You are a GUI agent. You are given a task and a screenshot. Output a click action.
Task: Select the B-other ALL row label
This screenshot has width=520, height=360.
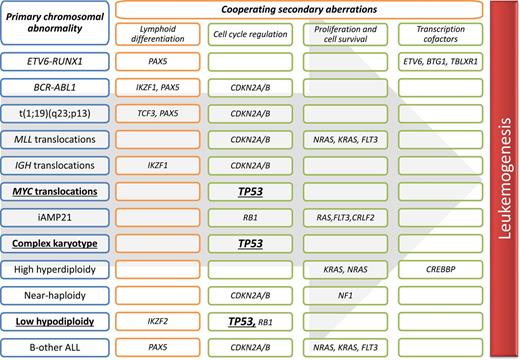click(x=55, y=347)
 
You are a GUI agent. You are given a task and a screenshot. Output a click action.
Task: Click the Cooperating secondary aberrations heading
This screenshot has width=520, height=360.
click(x=297, y=9)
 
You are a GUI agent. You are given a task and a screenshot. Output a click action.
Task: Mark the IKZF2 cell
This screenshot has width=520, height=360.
click(x=155, y=322)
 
